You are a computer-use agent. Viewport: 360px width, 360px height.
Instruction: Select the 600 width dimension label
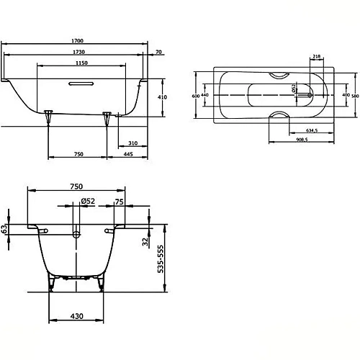(x=194, y=95)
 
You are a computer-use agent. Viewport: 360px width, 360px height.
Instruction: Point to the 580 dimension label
(x=355, y=95)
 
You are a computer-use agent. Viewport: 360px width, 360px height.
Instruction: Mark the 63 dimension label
(x=5, y=228)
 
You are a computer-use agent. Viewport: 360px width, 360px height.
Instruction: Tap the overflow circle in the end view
(x=77, y=235)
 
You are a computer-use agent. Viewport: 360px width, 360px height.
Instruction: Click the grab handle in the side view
(x=80, y=84)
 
